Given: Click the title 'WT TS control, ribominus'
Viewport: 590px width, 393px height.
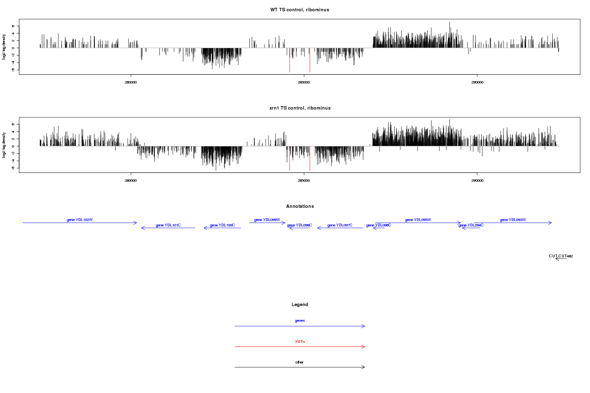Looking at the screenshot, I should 299,10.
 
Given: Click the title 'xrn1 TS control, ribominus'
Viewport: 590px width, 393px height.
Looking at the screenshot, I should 299,108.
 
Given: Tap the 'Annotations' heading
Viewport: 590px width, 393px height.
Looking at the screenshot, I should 300,206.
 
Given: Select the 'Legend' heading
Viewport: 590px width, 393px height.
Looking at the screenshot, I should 300,305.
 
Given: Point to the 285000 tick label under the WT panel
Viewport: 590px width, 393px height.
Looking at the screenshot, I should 304,82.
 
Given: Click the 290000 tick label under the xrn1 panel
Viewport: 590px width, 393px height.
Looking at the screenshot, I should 477,180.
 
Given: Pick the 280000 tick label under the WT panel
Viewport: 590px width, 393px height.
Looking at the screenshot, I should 131,82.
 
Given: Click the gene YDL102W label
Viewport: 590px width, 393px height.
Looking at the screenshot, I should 80,220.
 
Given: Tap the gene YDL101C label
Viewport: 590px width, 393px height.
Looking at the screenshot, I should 168,225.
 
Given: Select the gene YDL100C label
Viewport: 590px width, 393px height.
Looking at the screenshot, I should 222,225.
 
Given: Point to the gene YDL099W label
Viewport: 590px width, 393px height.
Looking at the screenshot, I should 267,220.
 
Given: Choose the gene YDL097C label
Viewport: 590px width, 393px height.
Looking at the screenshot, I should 340,225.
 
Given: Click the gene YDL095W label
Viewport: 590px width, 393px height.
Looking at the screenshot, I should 418,220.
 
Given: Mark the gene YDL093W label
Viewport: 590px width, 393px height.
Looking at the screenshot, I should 513,220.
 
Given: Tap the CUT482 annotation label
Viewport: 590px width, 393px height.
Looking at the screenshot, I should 561,256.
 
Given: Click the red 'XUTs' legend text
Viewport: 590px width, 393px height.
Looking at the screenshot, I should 300,341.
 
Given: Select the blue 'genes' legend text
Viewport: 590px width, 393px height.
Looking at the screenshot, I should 300,321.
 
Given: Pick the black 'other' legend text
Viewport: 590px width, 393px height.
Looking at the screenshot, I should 300,362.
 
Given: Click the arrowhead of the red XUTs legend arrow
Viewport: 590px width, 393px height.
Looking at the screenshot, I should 364,346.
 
